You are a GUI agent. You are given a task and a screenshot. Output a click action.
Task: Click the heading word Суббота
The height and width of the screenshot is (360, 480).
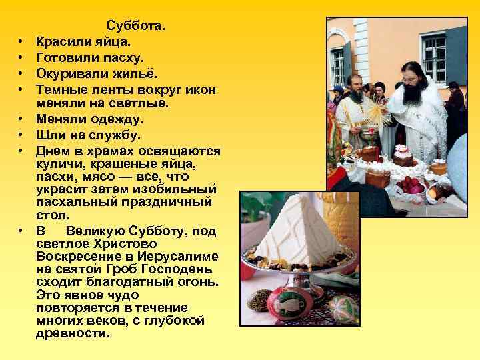pyautogui.click(x=136, y=27)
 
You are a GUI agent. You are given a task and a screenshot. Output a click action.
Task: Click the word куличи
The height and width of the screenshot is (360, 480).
pyautogui.click(x=59, y=163)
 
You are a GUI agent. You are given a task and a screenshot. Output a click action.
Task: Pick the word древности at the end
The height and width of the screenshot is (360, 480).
pyautogui.click(x=73, y=333)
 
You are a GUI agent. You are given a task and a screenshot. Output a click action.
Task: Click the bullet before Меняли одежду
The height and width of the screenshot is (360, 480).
pyautogui.click(x=22, y=120)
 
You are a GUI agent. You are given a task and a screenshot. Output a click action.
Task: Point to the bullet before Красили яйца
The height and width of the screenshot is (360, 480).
pyautogui.click(x=22, y=43)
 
